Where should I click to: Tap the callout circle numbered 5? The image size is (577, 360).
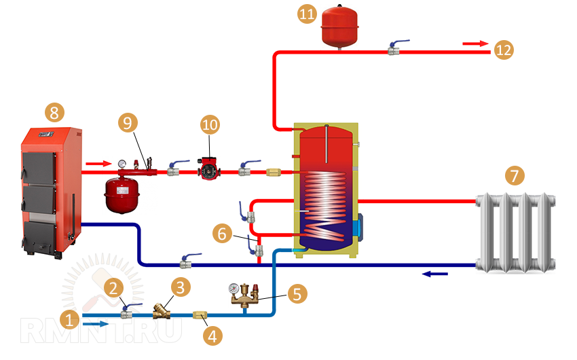(x=297, y=294)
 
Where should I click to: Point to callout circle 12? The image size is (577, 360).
(x=504, y=50)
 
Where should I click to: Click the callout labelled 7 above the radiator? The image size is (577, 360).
(x=515, y=177)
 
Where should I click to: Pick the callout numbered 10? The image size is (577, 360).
(x=210, y=125)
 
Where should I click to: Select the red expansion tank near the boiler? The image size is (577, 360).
(x=123, y=192)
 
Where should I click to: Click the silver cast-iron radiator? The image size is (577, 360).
(x=516, y=232)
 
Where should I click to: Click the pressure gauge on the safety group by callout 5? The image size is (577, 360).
(x=234, y=288)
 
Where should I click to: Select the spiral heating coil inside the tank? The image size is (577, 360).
(x=326, y=200)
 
